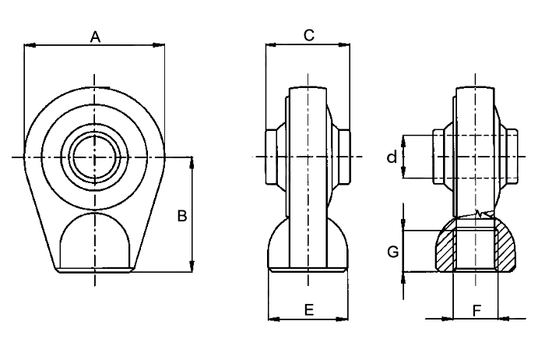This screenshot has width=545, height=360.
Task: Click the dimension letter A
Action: coord(95,37)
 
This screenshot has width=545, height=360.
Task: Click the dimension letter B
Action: coord(182,216)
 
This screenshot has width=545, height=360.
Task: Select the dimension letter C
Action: coord(309,36)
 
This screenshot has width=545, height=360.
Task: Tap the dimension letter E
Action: coord(309,310)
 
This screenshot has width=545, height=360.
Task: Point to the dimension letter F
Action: coord(476,311)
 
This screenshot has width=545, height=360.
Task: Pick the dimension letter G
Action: coord(393,252)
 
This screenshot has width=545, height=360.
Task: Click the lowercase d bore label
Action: coord(392,157)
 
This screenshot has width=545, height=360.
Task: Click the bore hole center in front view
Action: coord(94,157)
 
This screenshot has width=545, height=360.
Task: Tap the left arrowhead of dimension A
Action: coord(30,45)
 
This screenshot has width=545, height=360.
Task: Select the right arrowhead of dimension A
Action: coord(159,45)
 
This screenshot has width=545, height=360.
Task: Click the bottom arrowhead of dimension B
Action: coord(192,266)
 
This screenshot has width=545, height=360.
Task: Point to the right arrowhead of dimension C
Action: coord(344,44)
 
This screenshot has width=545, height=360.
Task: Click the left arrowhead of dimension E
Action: coord(274,319)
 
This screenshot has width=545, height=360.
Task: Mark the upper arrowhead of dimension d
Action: coord(403,141)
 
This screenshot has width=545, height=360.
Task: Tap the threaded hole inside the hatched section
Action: coord(476,249)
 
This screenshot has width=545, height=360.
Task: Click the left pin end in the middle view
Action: coord(271,157)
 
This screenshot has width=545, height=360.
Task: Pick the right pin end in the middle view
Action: coord(345,157)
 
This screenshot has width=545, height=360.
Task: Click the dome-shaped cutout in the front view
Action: coord(95,240)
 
